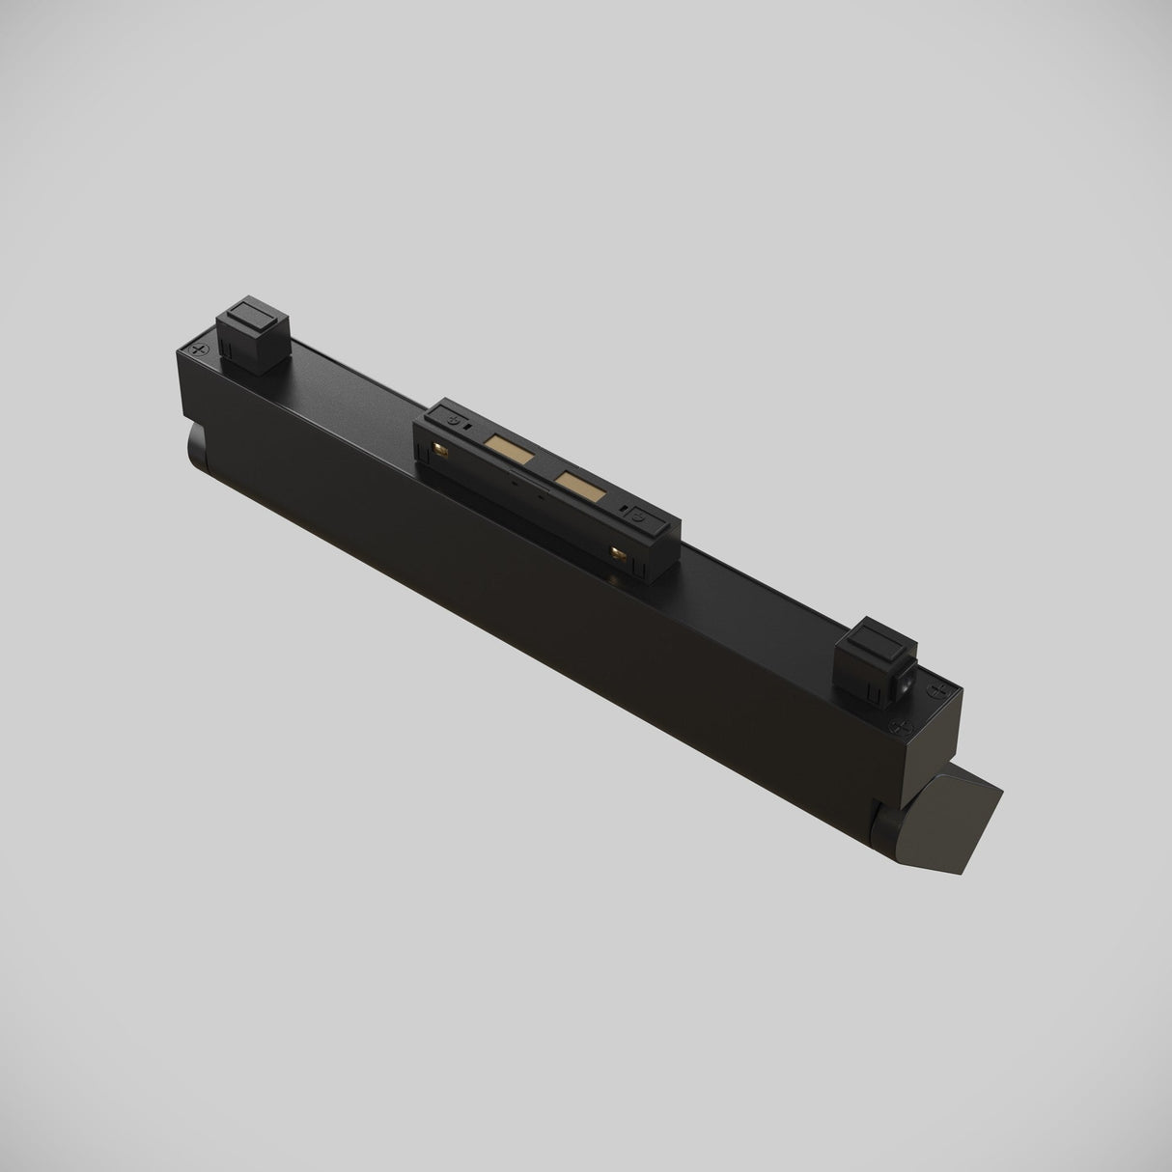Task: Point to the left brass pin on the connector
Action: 442,448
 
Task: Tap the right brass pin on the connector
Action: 619,554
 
